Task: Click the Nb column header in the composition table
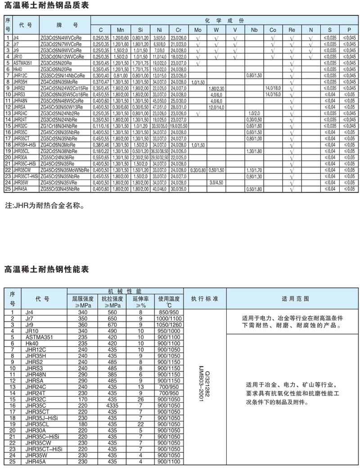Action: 254,30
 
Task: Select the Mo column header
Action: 198,30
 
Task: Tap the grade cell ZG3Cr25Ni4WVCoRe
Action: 61,38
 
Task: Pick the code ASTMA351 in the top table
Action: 22,63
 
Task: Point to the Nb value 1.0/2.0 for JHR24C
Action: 254,113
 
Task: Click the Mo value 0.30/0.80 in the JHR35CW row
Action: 198,170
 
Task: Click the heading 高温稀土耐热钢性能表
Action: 46,270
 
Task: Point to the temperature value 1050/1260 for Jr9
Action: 169,325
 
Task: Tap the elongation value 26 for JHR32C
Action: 140,399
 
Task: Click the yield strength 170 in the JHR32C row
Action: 83,399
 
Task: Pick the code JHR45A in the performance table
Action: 36,461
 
